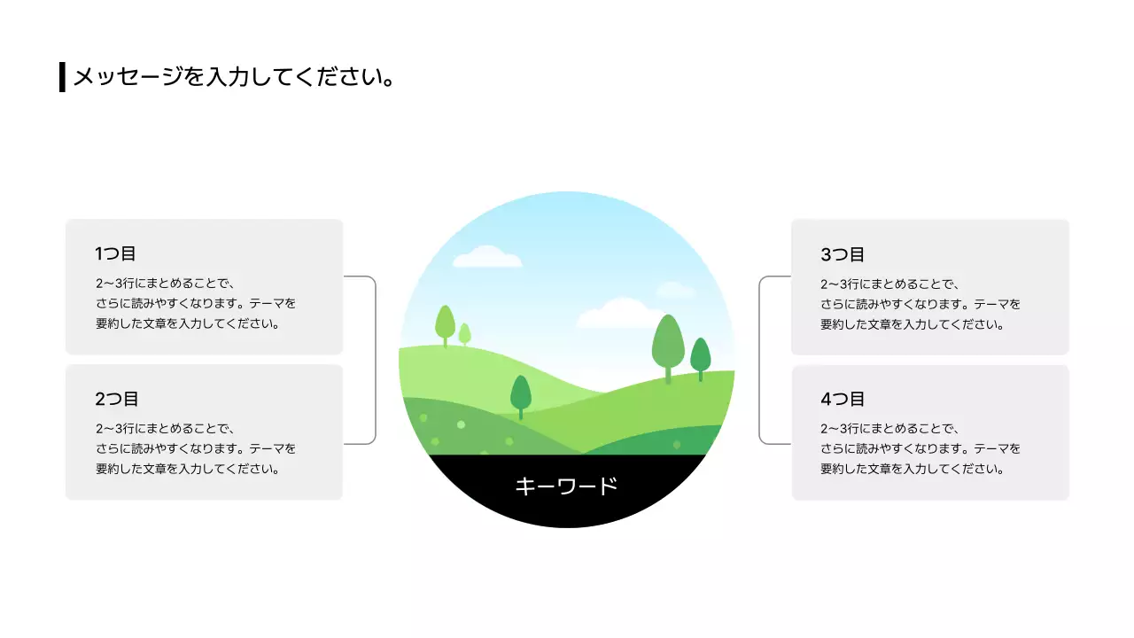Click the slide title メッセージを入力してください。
tap(233, 77)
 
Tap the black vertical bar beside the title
tap(62, 77)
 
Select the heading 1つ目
tap(115, 253)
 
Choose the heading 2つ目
tap(117, 399)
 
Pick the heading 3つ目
tap(842, 254)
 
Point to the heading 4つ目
tap(842, 399)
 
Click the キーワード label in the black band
tap(566, 486)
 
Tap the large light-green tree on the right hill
tap(668, 344)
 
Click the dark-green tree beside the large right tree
tap(701, 356)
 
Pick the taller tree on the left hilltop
tap(445, 323)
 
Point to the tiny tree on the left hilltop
tap(464, 333)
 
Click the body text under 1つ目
tap(196, 304)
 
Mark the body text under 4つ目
tap(920, 449)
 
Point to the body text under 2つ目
tap(196, 449)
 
